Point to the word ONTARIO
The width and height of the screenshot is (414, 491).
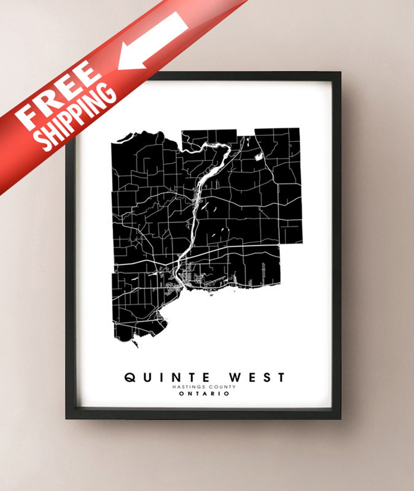tap(204, 394)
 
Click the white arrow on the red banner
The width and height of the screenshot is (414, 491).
tap(153, 42)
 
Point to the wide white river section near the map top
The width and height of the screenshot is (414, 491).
tap(214, 171)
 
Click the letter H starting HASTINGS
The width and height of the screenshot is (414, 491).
tap(174, 387)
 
